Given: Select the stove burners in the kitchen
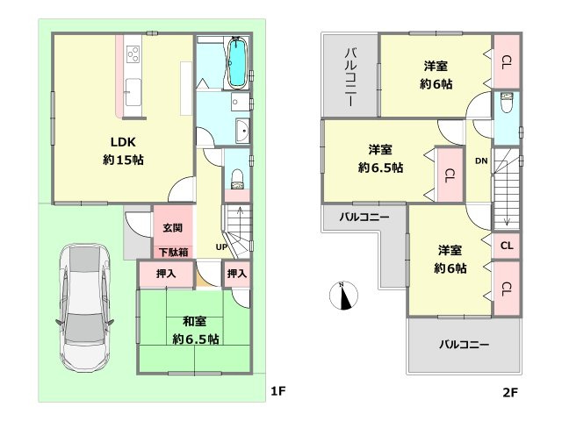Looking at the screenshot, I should (135, 55).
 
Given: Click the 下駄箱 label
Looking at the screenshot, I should (172, 253).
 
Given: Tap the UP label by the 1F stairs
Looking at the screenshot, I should (222, 247).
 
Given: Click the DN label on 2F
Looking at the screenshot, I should (481, 161).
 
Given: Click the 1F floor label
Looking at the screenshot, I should (277, 391).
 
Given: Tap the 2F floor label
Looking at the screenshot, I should (511, 391).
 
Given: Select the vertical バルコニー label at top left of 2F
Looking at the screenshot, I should (349, 76).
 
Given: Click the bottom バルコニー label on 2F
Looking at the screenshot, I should (464, 344).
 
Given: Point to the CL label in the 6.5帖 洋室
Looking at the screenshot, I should (449, 174).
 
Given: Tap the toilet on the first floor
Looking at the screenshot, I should (236, 181).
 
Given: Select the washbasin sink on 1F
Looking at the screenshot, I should (243, 132).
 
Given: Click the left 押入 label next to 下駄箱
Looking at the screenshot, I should (165, 275).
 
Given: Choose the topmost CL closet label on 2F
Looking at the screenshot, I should (507, 61).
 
